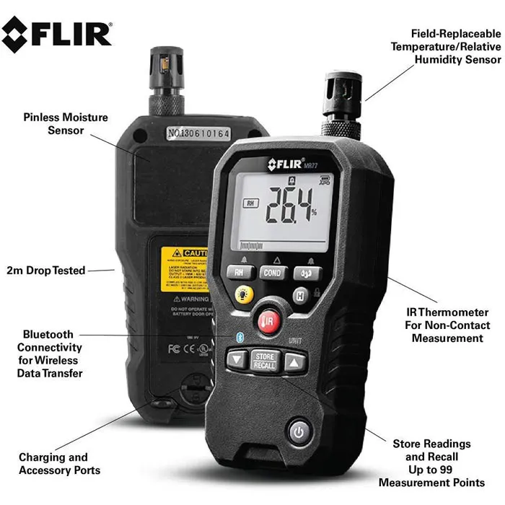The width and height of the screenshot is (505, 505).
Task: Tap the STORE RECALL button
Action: point(264,360)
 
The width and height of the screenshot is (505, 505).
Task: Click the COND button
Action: point(272,273)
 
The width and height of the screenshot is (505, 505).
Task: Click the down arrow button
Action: point(237,359)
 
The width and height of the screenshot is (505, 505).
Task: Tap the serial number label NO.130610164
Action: point(198,133)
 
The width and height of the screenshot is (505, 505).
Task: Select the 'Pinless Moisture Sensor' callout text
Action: point(66,123)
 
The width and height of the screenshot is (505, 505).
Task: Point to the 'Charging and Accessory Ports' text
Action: point(53,464)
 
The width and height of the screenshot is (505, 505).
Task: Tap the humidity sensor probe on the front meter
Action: point(341,105)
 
